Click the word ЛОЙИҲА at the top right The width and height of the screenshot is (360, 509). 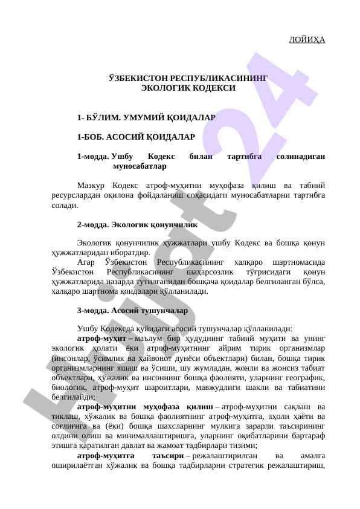[x=307, y=40]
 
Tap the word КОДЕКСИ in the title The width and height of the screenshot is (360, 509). [x=215, y=88]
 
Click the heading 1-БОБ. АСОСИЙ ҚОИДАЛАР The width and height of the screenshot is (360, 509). [x=136, y=137]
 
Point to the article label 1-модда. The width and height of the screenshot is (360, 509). [x=92, y=157]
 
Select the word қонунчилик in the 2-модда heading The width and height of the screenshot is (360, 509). [x=178, y=224]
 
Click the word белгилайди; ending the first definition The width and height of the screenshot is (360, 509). [x=73, y=397]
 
